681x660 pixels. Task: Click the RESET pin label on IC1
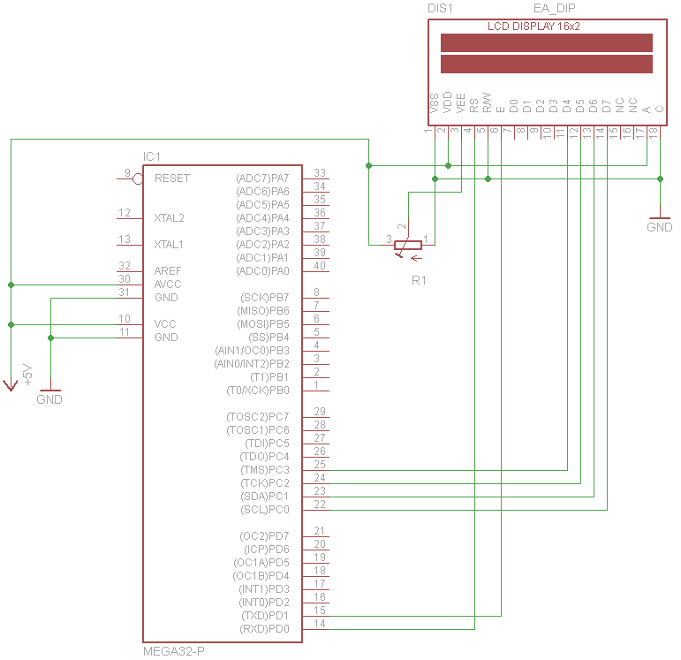[x=171, y=178]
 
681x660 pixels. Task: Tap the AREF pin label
[x=169, y=270]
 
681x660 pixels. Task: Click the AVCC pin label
[x=169, y=284]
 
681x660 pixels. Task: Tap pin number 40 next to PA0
[x=319, y=266]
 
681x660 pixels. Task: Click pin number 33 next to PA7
[x=319, y=173]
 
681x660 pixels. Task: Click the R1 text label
[x=419, y=280]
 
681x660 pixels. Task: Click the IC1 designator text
[x=152, y=156]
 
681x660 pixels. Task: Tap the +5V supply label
[x=26, y=375]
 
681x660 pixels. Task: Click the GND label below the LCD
[x=659, y=227]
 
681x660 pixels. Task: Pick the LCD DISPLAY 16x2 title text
[x=533, y=27]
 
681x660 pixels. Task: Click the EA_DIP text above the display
[x=555, y=7]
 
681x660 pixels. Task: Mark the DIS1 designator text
[x=440, y=7]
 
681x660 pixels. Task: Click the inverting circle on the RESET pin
[x=138, y=178]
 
